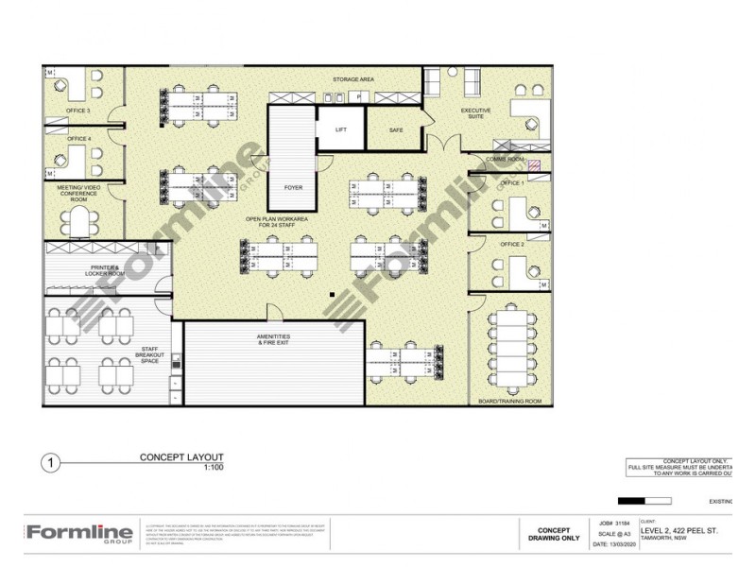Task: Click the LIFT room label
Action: [341, 129]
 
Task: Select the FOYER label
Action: [293, 187]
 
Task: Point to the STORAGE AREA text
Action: [354, 80]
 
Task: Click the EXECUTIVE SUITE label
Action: [475, 113]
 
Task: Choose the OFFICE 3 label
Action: [77, 111]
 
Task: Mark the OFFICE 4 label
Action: [78, 139]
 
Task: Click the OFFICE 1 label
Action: [511, 181]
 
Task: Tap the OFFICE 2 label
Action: [511, 244]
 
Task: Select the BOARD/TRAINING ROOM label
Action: [510, 402]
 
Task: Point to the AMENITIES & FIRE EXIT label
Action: [273, 340]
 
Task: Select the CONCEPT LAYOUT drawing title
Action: [181, 457]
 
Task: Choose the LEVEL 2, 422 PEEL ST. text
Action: [679, 531]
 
